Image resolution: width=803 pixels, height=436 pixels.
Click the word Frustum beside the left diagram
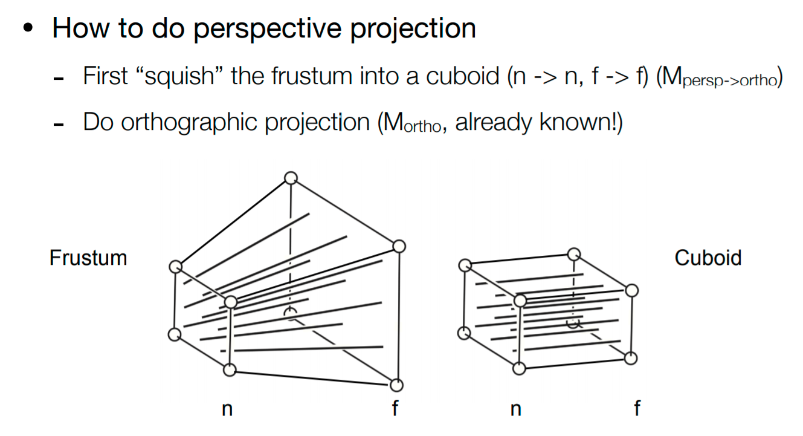point(88,258)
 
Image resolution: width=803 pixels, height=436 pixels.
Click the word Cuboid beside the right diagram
point(708,258)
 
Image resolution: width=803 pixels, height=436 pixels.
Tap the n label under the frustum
point(227,409)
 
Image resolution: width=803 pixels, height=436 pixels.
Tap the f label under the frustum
point(395,409)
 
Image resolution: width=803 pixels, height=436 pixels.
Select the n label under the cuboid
point(515,409)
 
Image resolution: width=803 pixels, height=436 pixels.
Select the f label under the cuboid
point(636,409)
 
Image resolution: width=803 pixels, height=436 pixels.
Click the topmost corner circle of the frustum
point(291,178)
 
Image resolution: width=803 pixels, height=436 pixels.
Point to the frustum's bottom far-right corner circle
point(396,385)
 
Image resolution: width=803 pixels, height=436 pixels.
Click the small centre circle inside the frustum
point(291,312)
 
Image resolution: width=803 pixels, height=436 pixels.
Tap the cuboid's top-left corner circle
point(465,265)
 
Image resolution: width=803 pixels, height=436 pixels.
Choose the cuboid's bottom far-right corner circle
point(631,358)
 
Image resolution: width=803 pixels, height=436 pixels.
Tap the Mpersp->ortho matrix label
point(719,79)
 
